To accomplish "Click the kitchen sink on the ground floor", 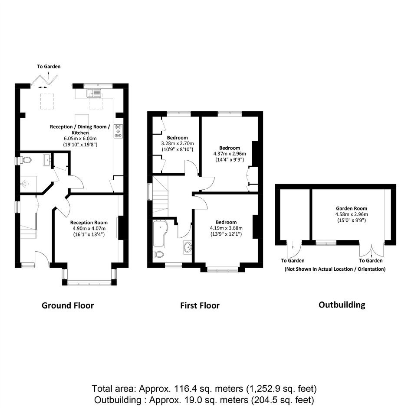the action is point(94,94).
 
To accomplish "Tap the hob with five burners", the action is point(118,131).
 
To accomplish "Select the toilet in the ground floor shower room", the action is point(26,160).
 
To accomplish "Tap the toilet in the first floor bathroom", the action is point(158,254).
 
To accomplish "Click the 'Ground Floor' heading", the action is point(68,305).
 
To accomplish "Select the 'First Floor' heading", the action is point(200,305).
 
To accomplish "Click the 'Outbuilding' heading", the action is point(342,304).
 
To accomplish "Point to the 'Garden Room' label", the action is point(352,208).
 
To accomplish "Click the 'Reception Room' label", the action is point(89,223).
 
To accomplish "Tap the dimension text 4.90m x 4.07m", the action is point(89,228).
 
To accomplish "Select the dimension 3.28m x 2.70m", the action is point(178,143).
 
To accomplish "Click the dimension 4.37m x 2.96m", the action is point(230,154).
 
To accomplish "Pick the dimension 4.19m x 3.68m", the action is point(226,228).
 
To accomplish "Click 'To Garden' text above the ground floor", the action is point(49,66).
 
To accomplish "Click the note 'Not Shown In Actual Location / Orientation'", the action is point(335,269).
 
